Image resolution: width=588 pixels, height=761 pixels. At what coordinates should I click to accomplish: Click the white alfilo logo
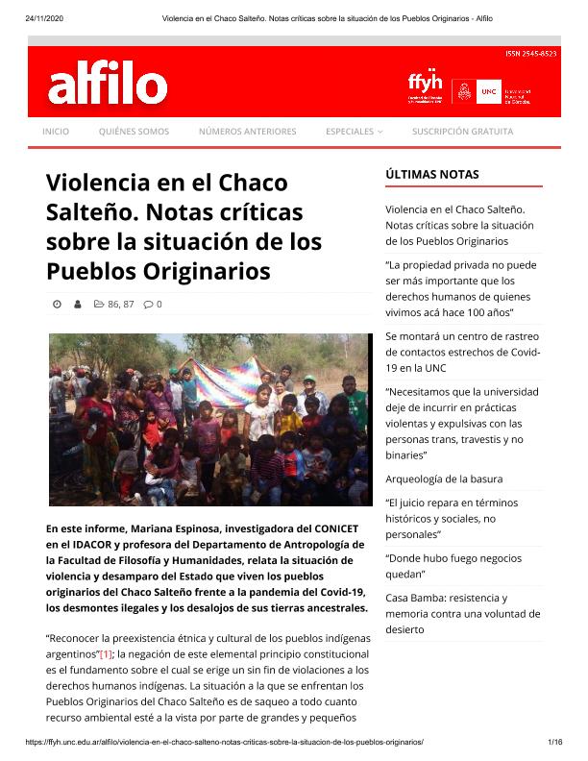(x=108, y=86)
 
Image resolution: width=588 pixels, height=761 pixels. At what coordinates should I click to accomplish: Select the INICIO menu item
(x=56, y=132)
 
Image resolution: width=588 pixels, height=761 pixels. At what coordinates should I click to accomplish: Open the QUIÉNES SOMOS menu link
(x=134, y=132)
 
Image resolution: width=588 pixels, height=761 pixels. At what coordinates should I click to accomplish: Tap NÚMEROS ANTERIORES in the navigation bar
(x=247, y=132)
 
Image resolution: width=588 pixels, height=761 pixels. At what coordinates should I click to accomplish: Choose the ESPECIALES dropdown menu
(x=354, y=132)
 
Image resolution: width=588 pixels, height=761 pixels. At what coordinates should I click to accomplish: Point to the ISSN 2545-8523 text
(x=530, y=54)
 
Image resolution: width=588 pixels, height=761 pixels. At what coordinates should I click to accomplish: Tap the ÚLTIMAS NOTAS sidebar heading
(x=431, y=175)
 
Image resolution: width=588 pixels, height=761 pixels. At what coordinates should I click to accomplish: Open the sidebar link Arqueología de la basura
(x=444, y=479)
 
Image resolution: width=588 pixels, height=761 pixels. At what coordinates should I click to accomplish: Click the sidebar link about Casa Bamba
(x=462, y=613)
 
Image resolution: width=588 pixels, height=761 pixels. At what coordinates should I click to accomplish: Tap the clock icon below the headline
(x=57, y=305)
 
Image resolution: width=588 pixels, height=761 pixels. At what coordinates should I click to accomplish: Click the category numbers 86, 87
(x=120, y=305)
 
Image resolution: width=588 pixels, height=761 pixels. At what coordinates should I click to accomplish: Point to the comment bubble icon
(x=148, y=305)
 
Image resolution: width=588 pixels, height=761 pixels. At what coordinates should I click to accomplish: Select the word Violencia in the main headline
(x=98, y=182)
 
